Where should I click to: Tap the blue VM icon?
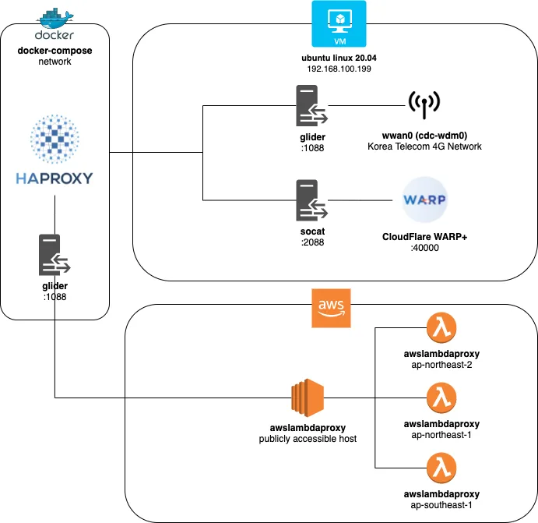pyautogui.click(x=339, y=23)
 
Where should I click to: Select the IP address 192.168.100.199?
pyautogui.click(x=339, y=69)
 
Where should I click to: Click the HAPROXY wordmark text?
pyautogui.click(x=55, y=178)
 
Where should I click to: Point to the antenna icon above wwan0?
pyautogui.click(x=424, y=104)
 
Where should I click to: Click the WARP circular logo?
pyautogui.click(x=424, y=200)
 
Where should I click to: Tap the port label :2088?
pyautogui.click(x=312, y=242)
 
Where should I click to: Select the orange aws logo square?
pyautogui.click(x=331, y=308)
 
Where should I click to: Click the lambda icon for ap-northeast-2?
pyautogui.click(x=441, y=327)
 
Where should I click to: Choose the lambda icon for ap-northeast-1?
pyautogui.click(x=441, y=398)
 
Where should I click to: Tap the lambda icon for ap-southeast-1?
pyautogui.click(x=441, y=468)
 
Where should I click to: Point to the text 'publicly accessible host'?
pyautogui.click(x=308, y=439)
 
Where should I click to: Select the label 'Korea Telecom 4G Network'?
pyautogui.click(x=424, y=147)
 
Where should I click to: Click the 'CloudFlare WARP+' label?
pyautogui.click(x=424, y=237)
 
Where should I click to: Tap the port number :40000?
pyautogui.click(x=424, y=248)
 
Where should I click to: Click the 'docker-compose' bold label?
pyautogui.click(x=55, y=51)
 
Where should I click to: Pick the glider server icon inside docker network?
pyautogui.click(x=55, y=255)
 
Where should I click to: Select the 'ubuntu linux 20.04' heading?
pyautogui.click(x=339, y=58)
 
